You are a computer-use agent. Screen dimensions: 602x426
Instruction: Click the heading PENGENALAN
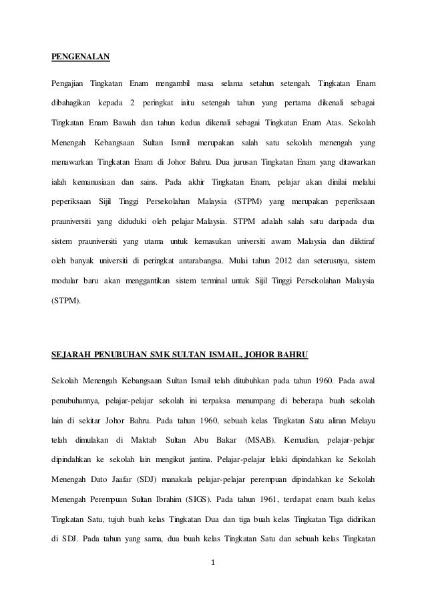(x=81, y=57)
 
